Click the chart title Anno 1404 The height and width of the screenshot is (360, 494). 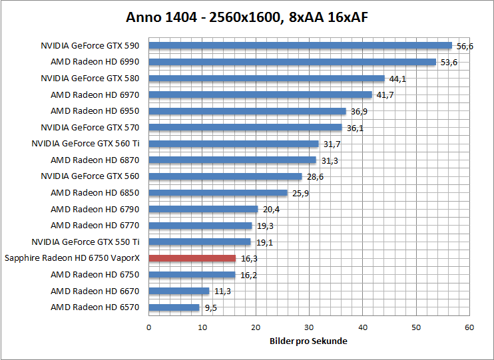tap(247, 17)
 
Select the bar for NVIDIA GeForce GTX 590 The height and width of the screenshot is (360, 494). tap(300, 45)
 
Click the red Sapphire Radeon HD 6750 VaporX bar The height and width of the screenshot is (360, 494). tap(192, 258)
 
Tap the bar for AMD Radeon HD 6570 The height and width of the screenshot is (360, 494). tap(174, 307)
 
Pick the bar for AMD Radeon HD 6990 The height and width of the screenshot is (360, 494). tap(292, 62)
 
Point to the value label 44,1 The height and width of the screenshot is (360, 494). tap(398, 79)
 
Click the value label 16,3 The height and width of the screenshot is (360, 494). tap(249, 258)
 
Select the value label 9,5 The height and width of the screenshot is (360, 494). tap(210, 307)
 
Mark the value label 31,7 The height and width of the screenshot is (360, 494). tap(331, 144)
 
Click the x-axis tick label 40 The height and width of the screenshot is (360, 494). tap(363, 327)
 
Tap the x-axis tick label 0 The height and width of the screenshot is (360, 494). tap(149, 327)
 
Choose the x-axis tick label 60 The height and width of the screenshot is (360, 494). tap(469, 327)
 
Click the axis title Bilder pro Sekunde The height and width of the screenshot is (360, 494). tap(308, 341)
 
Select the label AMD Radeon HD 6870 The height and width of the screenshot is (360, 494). tap(95, 160)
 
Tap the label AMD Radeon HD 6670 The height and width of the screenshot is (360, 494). tap(95, 291)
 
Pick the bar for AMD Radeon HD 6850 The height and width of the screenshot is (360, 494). tap(218, 193)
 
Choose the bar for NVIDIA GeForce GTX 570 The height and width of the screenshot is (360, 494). tap(245, 127)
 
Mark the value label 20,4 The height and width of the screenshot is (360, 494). tap(272, 209)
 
